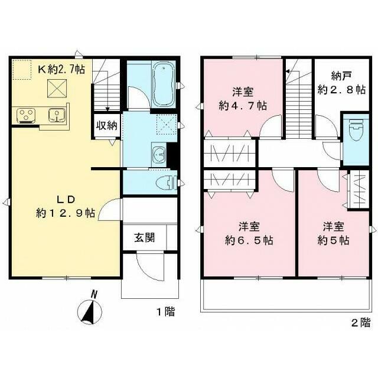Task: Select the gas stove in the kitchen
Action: pos(25,114)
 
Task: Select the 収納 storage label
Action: pos(106,125)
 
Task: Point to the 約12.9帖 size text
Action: pos(64,213)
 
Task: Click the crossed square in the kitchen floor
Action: pos(57,89)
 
